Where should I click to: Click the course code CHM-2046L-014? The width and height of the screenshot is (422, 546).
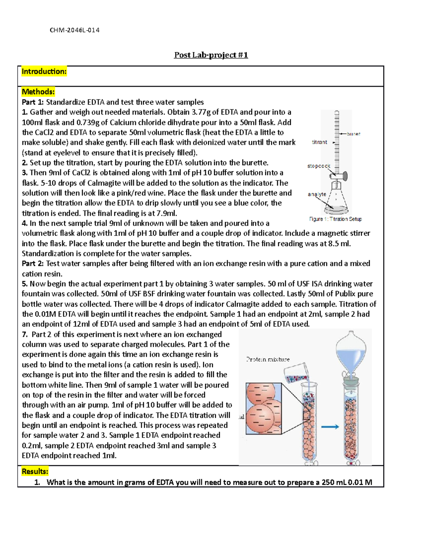pos(75,30)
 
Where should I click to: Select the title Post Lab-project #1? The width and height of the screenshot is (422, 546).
pos(211,55)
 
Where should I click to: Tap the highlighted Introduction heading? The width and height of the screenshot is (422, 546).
pos(44,71)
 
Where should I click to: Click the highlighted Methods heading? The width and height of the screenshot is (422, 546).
pos(38,92)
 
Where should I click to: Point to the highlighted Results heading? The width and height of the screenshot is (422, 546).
pos(35,471)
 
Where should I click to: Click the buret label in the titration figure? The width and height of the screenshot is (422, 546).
pos(353,134)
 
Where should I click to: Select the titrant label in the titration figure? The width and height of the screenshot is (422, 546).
pos(319,142)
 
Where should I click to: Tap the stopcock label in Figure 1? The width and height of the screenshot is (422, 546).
pos(319,166)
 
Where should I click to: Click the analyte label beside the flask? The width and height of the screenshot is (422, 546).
pos(317,194)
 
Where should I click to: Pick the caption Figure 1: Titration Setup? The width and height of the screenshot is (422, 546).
pos(335,219)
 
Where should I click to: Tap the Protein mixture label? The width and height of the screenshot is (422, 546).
pos(268,359)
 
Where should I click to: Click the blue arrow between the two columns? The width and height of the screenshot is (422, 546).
pos(330,426)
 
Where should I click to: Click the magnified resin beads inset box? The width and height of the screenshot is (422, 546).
pos(264,409)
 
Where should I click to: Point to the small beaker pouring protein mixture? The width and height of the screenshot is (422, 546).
pos(296,373)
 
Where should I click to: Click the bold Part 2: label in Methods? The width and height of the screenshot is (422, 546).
pos(33,264)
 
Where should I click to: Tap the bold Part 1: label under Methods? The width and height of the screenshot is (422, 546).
pos(33,102)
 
